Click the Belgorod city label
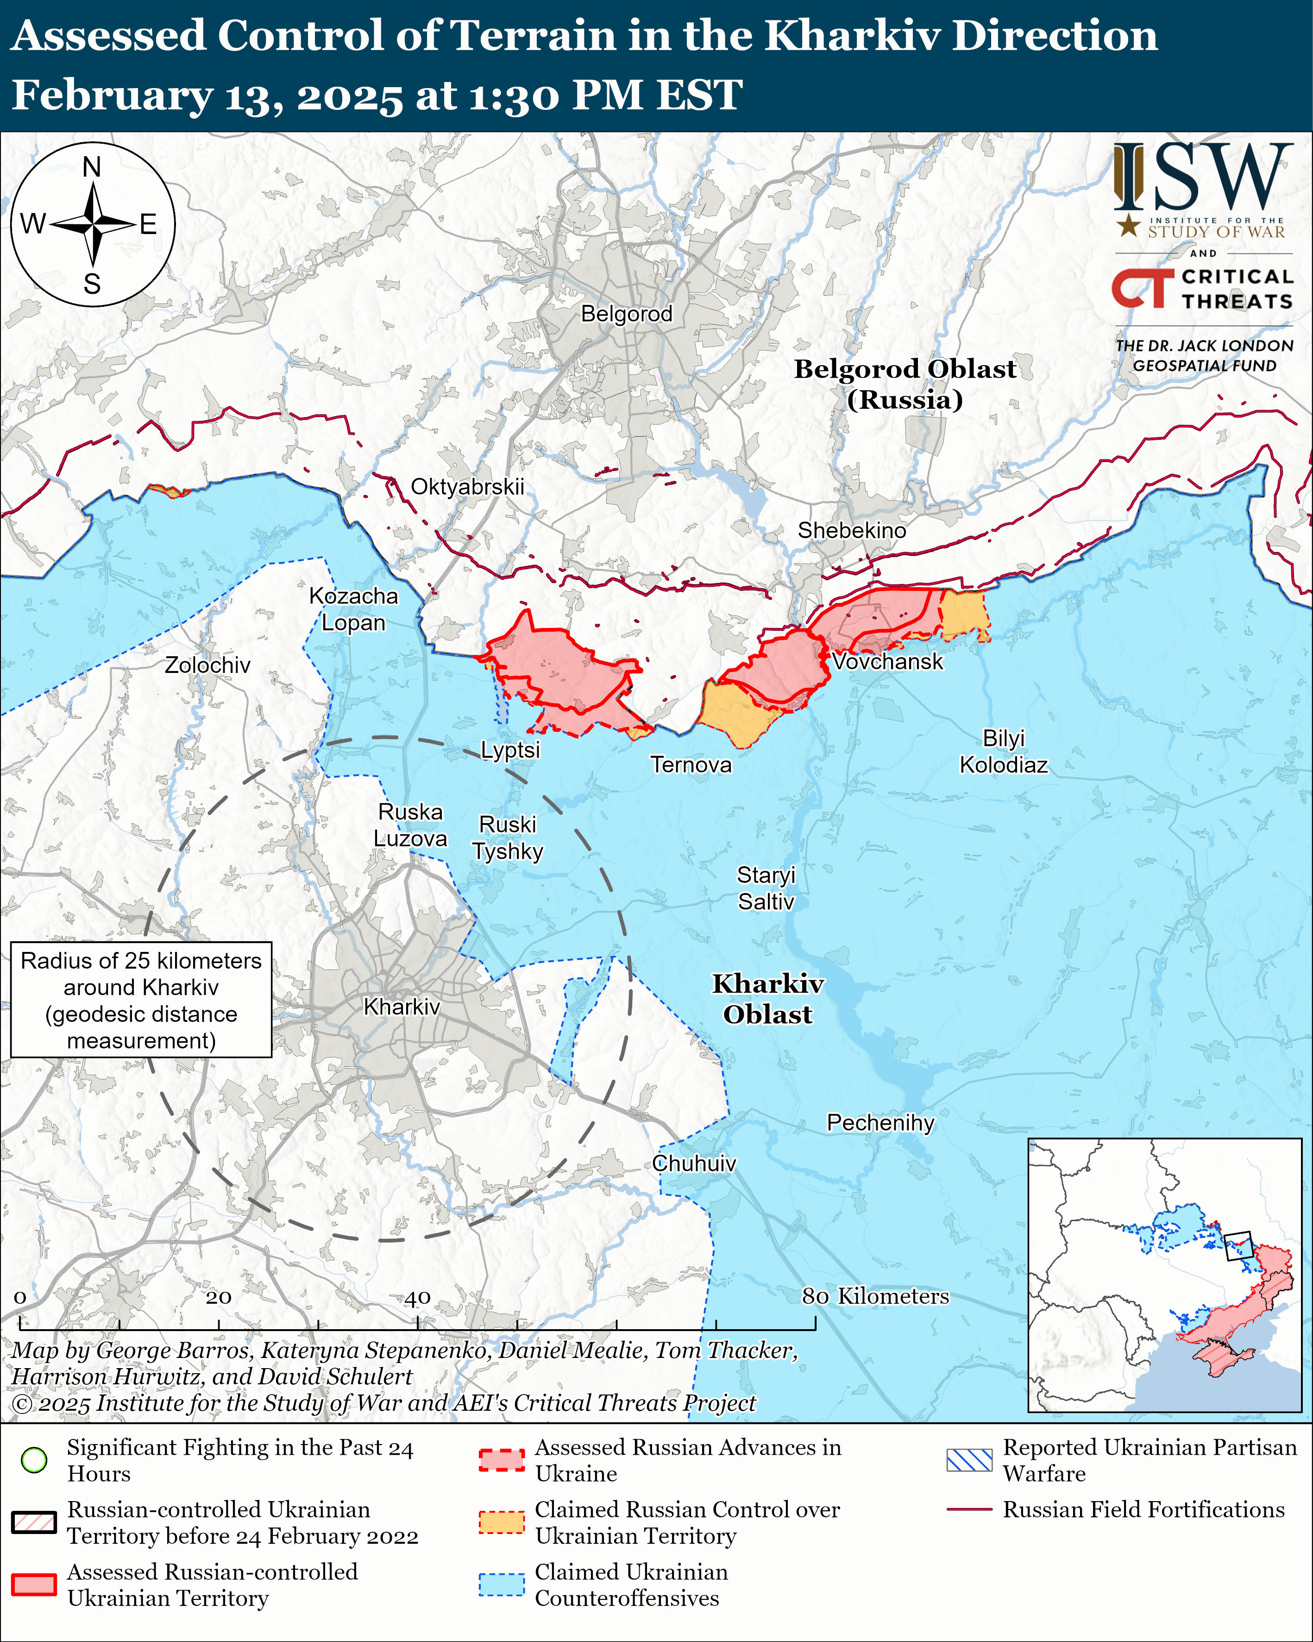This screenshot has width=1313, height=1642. coord(627,314)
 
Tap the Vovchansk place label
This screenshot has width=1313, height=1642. coord(887,661)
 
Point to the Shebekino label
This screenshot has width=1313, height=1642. coord(852,530)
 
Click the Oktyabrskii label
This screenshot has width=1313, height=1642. coord(467,487)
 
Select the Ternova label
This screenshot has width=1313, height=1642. coord(691,765)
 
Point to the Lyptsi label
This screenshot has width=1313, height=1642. coord(510,750)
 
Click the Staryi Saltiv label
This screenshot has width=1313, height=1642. coord(766,888)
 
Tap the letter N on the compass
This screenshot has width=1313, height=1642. coord(92,167)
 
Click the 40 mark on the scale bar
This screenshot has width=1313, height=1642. coord(417,1298)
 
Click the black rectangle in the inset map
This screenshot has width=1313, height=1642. coord(1238,1246)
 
